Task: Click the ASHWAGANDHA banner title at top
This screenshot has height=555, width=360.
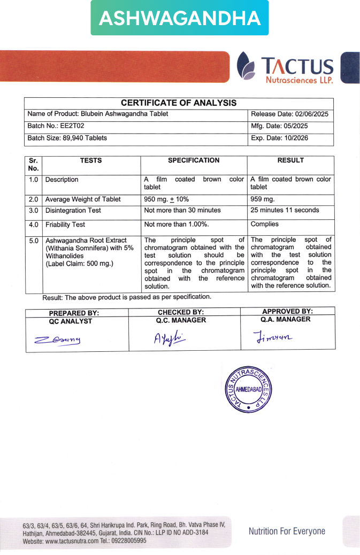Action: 180,18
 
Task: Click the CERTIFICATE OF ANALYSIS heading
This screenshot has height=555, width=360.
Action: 179,103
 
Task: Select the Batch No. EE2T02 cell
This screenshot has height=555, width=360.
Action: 56,126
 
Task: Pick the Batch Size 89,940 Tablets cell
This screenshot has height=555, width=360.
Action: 67,138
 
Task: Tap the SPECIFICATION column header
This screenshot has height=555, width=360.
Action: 194,160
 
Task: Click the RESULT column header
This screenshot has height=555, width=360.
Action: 290,160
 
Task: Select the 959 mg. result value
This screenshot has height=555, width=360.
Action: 262,199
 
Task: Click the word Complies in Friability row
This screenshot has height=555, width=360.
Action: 265,225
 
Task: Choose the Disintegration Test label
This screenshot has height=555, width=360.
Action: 73,210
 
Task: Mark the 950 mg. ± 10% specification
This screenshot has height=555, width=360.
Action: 166,199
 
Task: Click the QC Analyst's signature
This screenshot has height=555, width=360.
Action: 57,340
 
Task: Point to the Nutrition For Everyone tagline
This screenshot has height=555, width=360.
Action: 287,531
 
